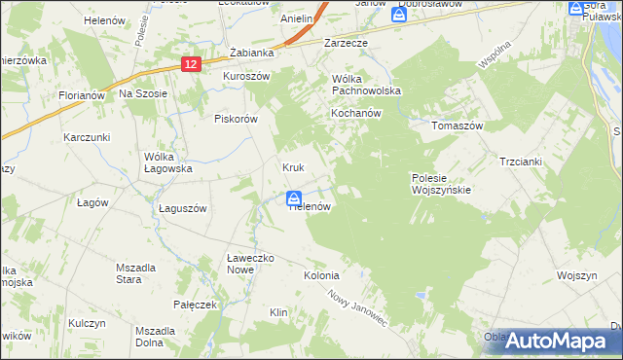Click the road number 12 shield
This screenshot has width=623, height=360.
pos(191,63)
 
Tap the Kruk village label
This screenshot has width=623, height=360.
pos(294,167)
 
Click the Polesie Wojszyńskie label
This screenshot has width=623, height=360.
pos(441,184)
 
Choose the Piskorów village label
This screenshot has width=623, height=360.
pos(235,119)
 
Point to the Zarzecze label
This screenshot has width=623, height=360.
pos(345,44)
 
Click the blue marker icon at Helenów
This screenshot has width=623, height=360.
pos(294,198)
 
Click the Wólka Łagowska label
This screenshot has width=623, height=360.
pos(167,162)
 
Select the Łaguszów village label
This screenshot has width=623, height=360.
pos(183,208)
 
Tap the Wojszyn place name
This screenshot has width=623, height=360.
pos(576,275)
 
